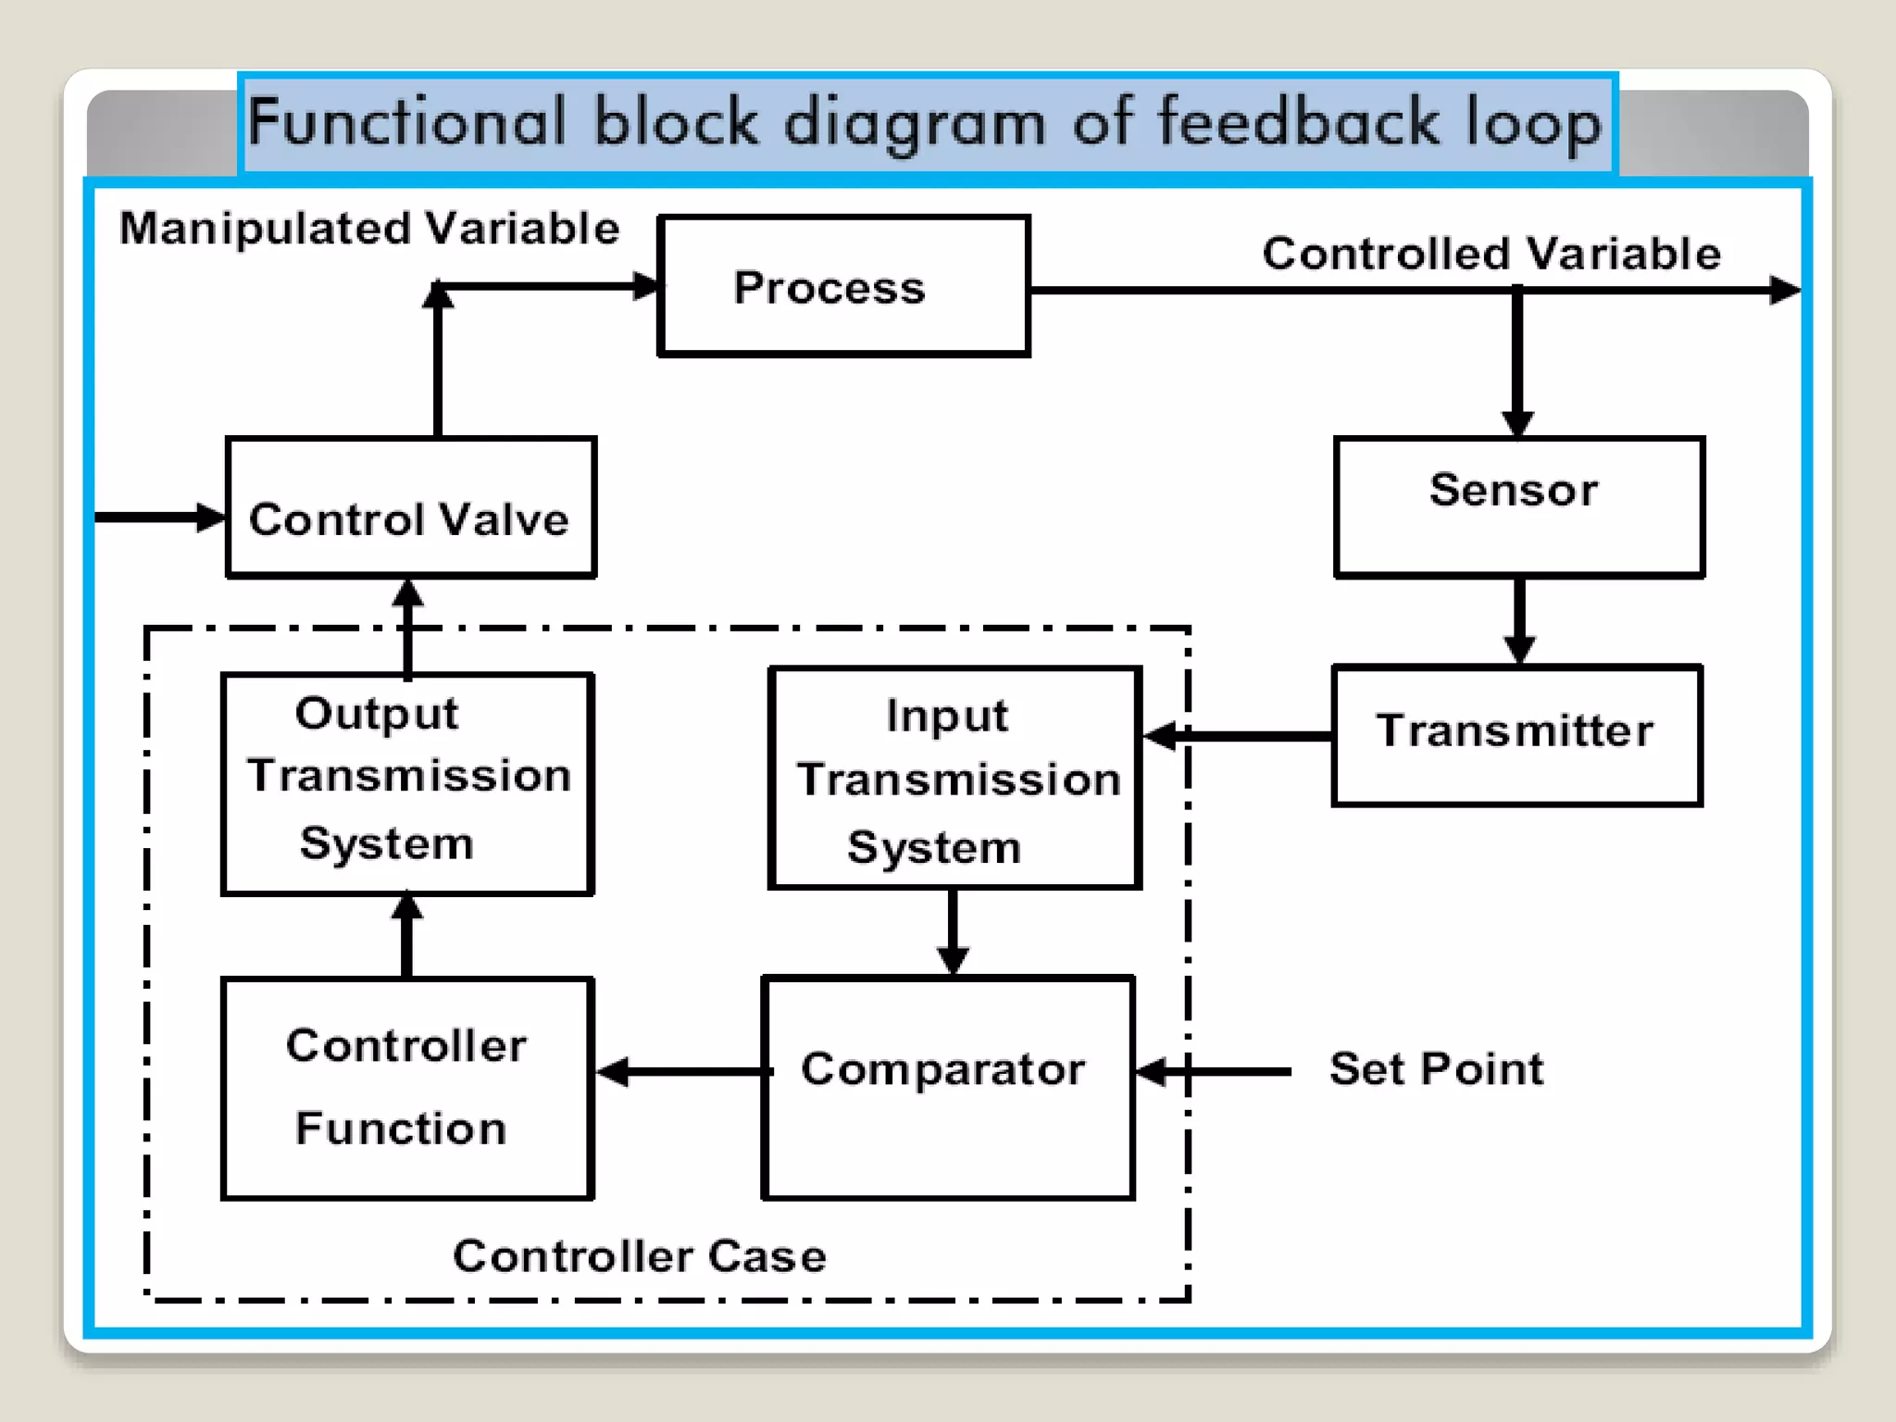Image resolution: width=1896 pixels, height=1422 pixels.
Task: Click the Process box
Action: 843,286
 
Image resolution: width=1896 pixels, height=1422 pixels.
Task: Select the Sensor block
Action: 1518,506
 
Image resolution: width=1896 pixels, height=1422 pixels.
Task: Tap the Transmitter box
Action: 1516,735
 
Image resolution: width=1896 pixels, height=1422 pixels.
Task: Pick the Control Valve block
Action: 411,508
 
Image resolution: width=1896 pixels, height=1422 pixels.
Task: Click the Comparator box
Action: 948,1087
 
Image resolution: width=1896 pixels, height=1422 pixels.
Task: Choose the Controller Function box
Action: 407,1088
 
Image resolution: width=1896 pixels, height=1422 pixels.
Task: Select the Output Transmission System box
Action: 407,783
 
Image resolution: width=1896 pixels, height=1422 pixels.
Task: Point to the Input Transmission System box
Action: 954,778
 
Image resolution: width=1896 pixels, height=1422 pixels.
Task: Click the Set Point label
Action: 1436,1069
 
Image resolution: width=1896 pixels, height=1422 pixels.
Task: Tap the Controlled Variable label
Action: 1491,254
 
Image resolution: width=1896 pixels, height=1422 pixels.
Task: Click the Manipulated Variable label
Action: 369,229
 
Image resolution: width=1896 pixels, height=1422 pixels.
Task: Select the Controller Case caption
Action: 639,1256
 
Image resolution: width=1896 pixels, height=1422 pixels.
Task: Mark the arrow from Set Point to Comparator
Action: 1213,1072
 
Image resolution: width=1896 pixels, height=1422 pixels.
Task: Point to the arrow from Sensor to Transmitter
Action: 1519,620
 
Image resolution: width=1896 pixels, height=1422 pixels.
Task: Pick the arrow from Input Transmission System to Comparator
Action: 953,931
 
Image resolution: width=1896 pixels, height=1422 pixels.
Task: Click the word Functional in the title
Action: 406,123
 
